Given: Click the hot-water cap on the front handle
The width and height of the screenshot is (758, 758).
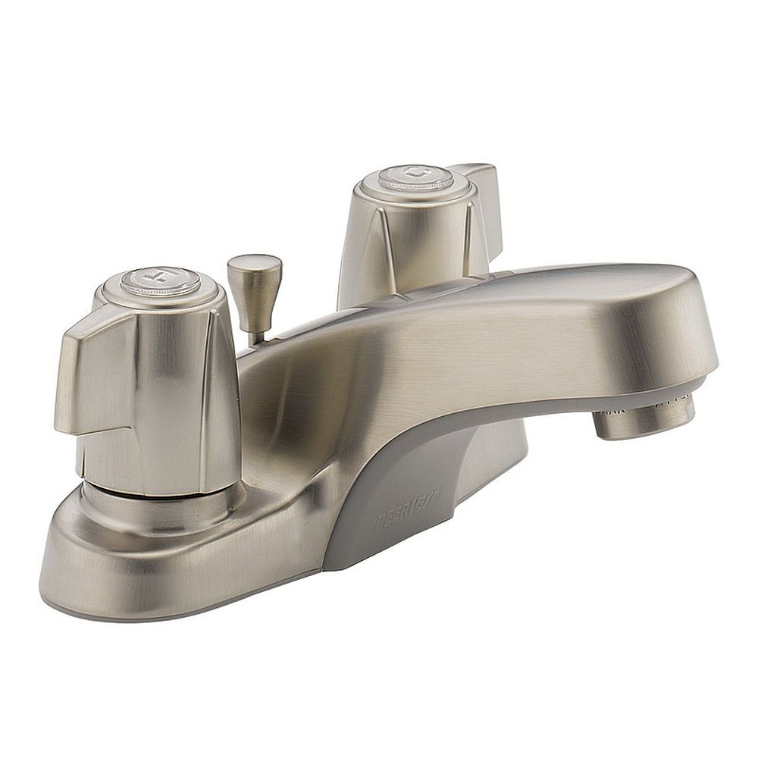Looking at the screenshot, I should point(161,279).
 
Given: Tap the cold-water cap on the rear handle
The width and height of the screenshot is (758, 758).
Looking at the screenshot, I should point(415,177).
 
